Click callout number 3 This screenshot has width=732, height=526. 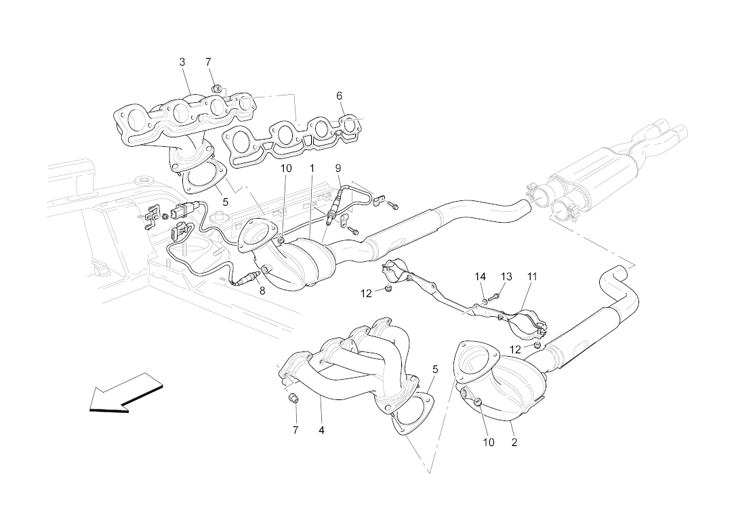(x=182, y=62)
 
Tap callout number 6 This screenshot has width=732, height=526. (x=339, y=96)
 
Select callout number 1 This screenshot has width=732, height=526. (x=312, y=168)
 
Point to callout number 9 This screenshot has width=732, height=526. (x=338, y=168)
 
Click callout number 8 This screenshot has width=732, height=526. (x=262, y=291)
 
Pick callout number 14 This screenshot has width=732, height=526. (x=481, y=277)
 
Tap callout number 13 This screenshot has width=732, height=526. (x=506, y=277)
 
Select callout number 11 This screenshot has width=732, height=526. (x=532, y=277)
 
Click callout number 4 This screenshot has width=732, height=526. (x=321, y=430)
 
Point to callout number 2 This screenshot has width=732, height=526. (x=514, y=443)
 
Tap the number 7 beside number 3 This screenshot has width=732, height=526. (x=208, y=62)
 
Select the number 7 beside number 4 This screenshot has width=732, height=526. (x=296, y=430)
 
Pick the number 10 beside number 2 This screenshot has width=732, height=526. (x=489, y=443)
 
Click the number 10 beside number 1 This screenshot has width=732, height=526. (x=285, y=168)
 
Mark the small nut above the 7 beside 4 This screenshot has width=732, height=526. (x=294, y=397)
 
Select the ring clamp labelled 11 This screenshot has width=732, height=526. (x=528, y=324)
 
